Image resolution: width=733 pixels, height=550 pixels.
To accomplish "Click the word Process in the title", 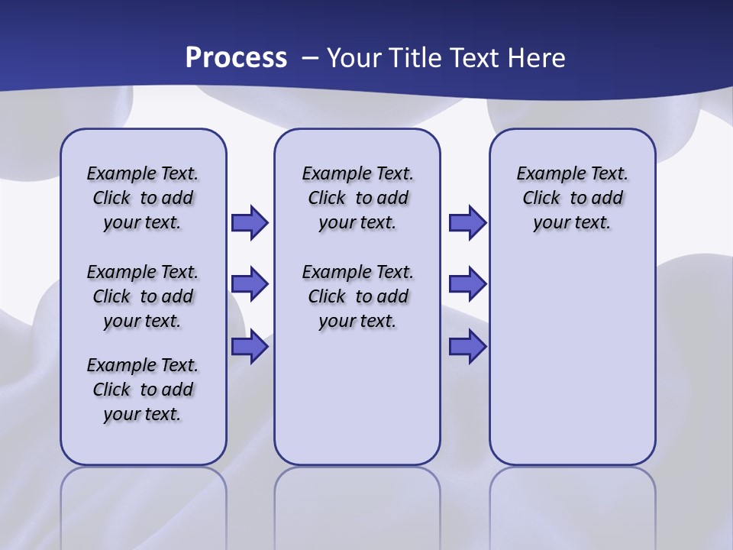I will (236, 57).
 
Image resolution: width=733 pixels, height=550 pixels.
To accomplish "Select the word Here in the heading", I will (537, 58).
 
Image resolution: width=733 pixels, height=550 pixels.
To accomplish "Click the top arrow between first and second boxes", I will (250, 222).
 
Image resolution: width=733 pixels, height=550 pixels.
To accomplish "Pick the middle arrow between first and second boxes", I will (250, 284).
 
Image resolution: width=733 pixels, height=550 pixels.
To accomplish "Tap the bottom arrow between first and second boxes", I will (250, 347).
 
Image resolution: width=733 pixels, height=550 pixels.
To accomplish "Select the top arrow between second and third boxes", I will (467, 222).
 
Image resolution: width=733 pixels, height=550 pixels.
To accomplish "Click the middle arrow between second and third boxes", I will (467, 284).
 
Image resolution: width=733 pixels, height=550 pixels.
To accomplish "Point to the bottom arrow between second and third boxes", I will (467, 347).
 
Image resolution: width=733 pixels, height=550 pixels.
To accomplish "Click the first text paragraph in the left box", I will (143, 198).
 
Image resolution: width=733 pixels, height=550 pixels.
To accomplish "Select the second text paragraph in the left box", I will (143, 296).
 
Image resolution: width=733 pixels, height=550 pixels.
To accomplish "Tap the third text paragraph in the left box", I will (143, 390).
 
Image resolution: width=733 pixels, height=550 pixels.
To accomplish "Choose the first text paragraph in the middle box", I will (357, 198).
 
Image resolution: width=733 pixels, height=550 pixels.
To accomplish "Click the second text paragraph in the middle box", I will (357, 296).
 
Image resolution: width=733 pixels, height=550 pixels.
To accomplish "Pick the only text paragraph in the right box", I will (573, 198).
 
